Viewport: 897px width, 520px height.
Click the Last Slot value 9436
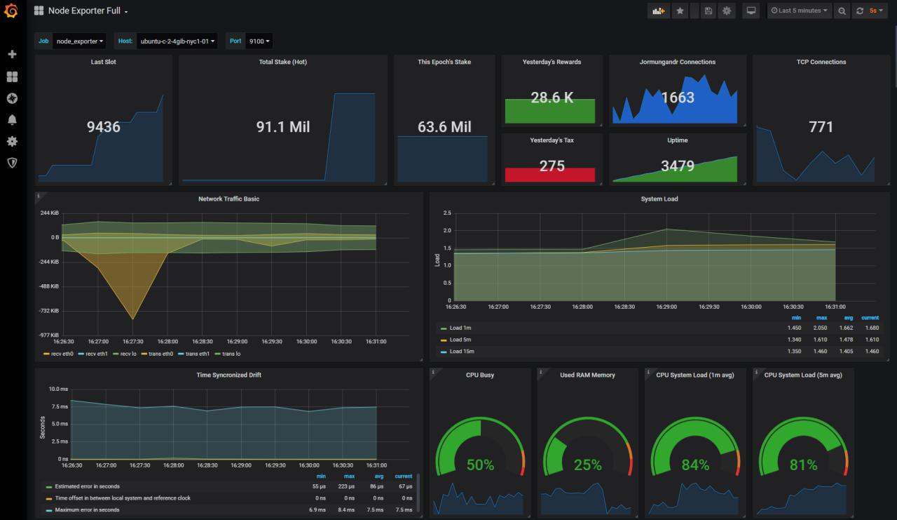[104, 127]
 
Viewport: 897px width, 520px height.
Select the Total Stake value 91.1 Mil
[283, 127]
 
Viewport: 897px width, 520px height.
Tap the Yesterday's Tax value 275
[552, 166]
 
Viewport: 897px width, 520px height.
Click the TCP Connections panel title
[821, 62]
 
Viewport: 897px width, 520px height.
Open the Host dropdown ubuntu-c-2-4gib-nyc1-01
[178, 41]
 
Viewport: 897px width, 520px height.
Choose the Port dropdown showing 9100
[259, 41]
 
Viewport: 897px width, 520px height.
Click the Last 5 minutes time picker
[799, 11]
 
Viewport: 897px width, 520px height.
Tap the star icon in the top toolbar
[680, 11]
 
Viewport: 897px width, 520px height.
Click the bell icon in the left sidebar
[12, 120]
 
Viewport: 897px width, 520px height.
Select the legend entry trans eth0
[160, 354]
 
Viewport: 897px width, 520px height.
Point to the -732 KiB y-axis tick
[49, 311]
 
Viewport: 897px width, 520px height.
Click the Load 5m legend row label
[462, 340]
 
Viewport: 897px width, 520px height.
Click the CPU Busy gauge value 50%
[480, 465]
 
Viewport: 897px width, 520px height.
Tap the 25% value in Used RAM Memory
[587, 465]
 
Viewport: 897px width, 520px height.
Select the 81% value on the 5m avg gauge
[803, 465]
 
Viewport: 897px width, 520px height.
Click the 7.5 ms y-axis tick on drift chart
[59, 407]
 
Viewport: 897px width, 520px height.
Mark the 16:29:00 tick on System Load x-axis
[666, 307]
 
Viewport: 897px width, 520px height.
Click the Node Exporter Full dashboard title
[84, 11]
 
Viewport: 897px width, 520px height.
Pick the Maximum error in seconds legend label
[87, 509]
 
